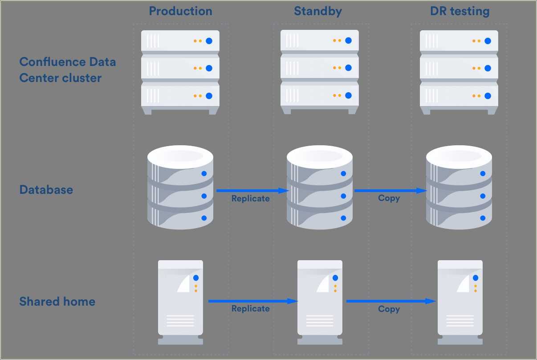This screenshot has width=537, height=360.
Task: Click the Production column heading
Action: (x=180, y=11)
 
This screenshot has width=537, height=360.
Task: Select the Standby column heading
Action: (x=318, y=11)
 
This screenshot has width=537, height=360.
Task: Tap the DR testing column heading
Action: (x=460, y=11)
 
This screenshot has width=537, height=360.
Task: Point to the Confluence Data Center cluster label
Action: (x=67, y=70)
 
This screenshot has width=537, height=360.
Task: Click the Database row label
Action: (x=46, y=190)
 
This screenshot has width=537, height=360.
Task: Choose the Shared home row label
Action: (x=57, y=302)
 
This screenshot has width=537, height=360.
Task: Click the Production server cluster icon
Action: (x=180, y=72)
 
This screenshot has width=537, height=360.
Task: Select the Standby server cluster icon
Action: (x=320, y=72)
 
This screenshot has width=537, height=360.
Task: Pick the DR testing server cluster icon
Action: (x=459, y=72)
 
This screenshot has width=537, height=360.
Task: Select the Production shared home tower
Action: (x=180, y=302)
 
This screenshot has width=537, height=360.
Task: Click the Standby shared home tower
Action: (x=320, y=302)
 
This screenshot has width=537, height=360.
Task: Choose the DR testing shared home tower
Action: (x=460, y=302)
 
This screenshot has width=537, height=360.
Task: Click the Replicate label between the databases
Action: (x=250, y=199)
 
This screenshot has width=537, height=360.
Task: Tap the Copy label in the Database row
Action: (x=389, y=198)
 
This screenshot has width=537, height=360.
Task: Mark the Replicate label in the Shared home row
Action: (x=250, y=309)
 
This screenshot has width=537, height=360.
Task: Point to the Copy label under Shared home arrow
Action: (x=389, y=309)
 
